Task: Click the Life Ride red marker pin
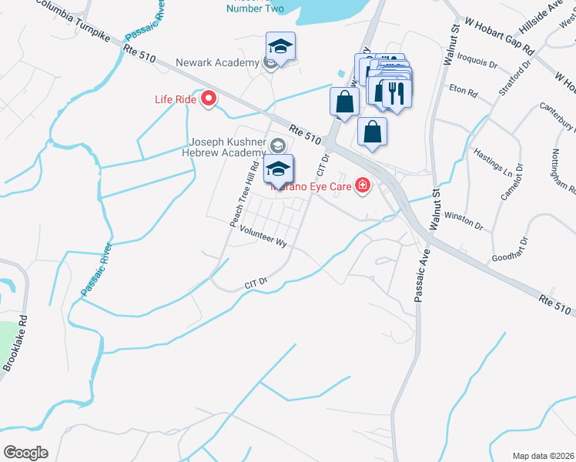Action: (208, 99)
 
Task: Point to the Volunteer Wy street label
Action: (263, 236)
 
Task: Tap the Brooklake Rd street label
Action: (15, 343)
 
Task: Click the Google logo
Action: (25, 453)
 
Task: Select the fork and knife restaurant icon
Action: (396, 92)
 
